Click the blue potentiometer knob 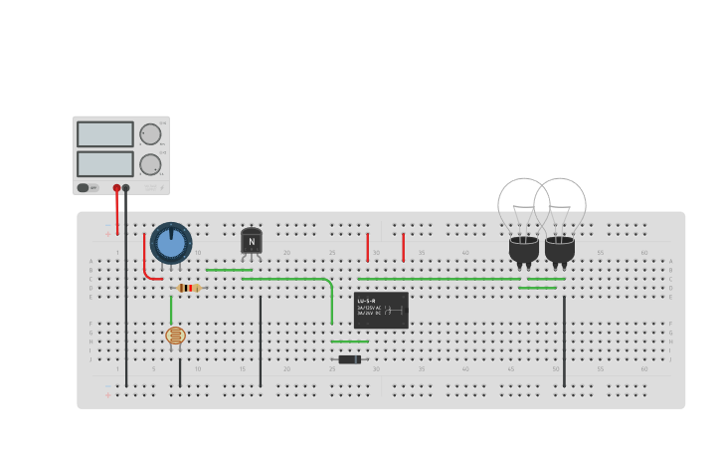pos(171,243)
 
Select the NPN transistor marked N pos(252,241)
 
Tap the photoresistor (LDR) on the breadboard pos(175,337)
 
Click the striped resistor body pos(188,289)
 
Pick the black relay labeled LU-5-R pos(381,310)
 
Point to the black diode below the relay pos(349,359)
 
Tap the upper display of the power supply pos(104,134)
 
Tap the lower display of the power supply pos(104,163)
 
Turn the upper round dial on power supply pos(150,134)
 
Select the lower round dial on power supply pos(150,164)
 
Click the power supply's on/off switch pos(88,187)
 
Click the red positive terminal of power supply pos(116,187)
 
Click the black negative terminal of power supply pos(126,187)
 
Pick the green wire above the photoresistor pos(171,310)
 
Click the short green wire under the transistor pos(229,270)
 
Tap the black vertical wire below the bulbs pos(564,338)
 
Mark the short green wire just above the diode pos(350,341)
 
